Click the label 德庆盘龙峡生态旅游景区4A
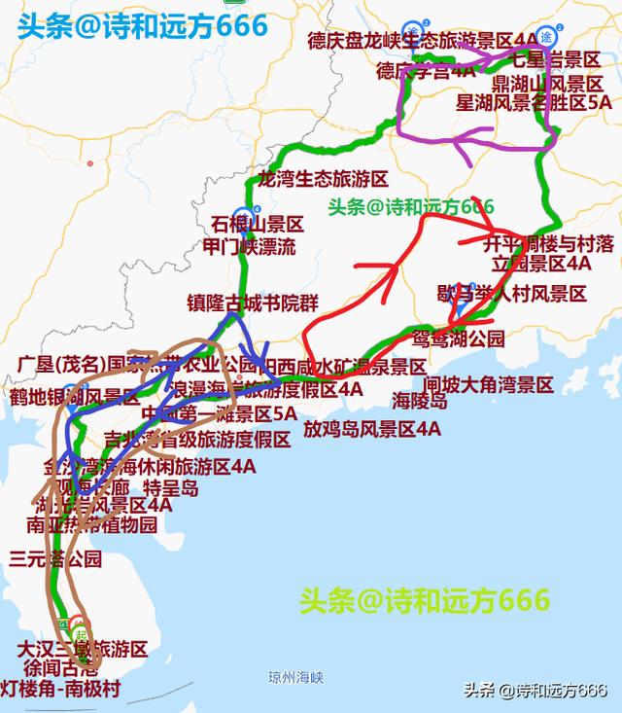(x=422, y=41)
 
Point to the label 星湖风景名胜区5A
(x=534, y=101)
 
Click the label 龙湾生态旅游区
(x=323, y=179)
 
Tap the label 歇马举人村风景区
(x=511, y=293)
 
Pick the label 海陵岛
(x=420, y=400)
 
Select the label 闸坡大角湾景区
(x=488, y=385)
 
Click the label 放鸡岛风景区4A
(x=371, y=428)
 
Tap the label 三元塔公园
(x=55, y=559)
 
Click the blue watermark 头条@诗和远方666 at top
(x=141, y=25)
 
